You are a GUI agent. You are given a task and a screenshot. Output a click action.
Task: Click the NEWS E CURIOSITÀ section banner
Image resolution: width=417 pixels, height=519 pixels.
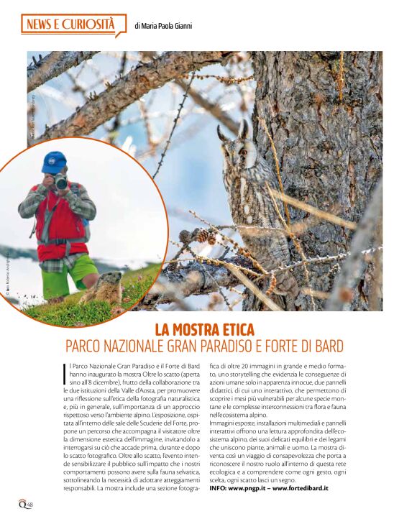pyautogui.click(x=70, y=25)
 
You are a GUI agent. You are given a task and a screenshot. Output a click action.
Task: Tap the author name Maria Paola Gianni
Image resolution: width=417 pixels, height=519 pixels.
pyautogui.click(x=163, y=27)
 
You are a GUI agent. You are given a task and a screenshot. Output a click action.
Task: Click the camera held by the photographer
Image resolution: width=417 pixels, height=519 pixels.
pyautogui.click(x=60, y=182)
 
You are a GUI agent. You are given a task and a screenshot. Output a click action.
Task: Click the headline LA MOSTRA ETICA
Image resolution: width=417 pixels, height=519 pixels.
pyautogui.click(x=204, y=330)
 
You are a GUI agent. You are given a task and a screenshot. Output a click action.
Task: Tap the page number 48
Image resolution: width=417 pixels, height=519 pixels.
pyautogui.click(x=29, y=504)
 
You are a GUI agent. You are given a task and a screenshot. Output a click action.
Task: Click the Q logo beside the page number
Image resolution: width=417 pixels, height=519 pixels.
pyautogui.click(x=21, y=502)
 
